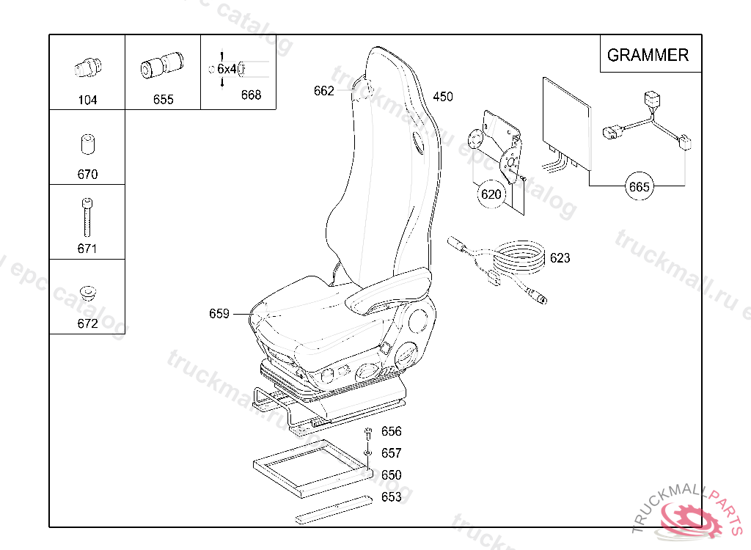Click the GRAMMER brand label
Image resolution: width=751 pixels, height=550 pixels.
pyautogui.click(x=648, y=55)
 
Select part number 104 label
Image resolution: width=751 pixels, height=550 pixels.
pyautogui.click(x=87, y=100)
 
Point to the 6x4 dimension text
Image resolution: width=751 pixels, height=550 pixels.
pyautogui.click(x=227, y=69)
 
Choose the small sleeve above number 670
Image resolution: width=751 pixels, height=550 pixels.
pyautogui.click(x=87, y=144)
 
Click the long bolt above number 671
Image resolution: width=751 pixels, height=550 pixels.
pyautogui.click(x=87, y=216)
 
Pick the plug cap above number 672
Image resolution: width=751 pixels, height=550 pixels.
pyautogui.click(x=88, y=292)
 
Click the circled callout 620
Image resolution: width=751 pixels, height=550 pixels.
pyautogui.click(x=490, y=194)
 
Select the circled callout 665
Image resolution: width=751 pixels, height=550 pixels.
pyautogui.click(x=639, y=187)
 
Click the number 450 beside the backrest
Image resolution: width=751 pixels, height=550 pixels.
pyautogui.click(x=443, y=97)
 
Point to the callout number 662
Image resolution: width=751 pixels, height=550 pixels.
pyautogui.click(x=323, y=91)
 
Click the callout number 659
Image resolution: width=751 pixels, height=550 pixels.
pyautogui.click(x=219, y=314)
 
